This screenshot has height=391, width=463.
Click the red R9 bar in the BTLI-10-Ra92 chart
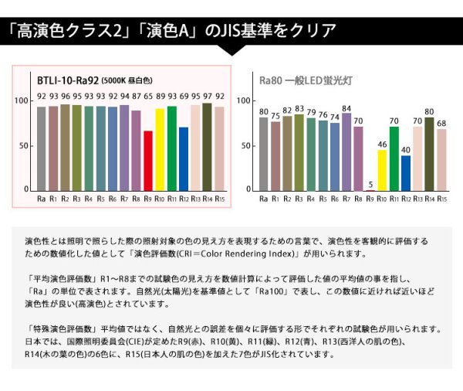click(148, 160)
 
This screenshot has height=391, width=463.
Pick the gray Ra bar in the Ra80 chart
click(264, 153)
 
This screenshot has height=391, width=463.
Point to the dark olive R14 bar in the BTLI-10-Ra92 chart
click(207, 147)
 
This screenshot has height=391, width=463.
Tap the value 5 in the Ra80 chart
click(370, 184)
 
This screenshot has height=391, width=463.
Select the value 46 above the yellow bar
click(382, 144)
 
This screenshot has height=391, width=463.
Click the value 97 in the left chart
click(207, 97)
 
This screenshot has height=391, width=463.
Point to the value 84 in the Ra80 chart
click(346, 109)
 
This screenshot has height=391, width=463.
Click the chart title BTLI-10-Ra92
click(67, 79)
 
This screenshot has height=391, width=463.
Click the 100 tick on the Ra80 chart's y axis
click(245, 101)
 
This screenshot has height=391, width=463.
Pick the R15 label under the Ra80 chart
click(441, 199)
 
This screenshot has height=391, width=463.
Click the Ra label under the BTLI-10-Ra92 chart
click(42, 199)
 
